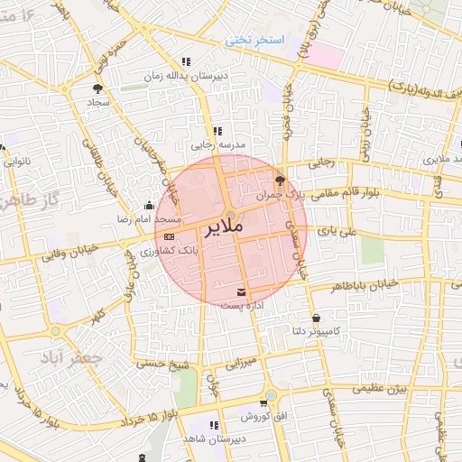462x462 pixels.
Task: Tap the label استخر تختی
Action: (x=254, y=42)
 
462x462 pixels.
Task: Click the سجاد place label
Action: (x=97, y=103)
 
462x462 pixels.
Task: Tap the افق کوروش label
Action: (x=263, y=419)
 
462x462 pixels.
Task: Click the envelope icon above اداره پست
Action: (x=241, y=291)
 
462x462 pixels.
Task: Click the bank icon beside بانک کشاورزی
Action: (x=170, y=236)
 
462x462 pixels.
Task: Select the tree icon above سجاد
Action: (x=97, y=88)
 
